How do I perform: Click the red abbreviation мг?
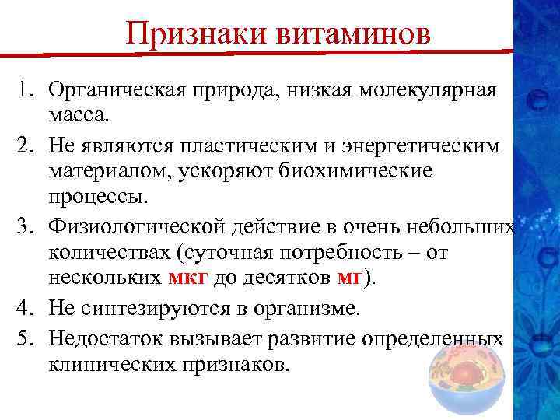point(346,281)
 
